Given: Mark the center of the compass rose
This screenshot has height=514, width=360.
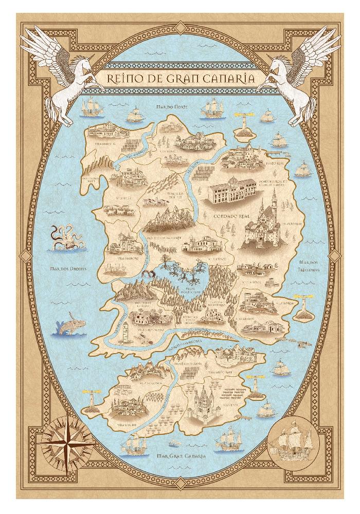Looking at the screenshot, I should coord(69,440).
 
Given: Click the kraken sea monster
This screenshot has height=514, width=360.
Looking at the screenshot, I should coord(63,237).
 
